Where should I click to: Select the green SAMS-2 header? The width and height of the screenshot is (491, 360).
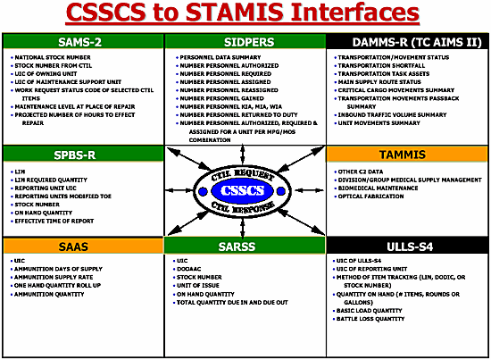tap(83, 42)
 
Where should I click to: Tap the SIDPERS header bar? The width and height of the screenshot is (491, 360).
tap(245, 42)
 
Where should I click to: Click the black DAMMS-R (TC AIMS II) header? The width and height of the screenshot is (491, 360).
tap(407, 42)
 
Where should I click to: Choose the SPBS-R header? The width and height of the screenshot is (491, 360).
tap(83, 155)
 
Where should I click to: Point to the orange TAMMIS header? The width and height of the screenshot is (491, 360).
tap(407, 155)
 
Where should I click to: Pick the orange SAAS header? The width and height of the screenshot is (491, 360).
tap(83, 246)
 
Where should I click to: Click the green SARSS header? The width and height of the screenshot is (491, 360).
tap(245, 246)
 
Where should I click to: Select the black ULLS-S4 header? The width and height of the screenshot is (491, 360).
tap(407, 246)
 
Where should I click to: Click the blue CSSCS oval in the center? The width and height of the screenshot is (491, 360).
tap(245, 189)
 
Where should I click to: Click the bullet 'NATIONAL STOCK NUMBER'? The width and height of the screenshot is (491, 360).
tap(49, 56)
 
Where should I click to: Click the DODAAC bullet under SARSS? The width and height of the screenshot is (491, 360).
tap(188, 269)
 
